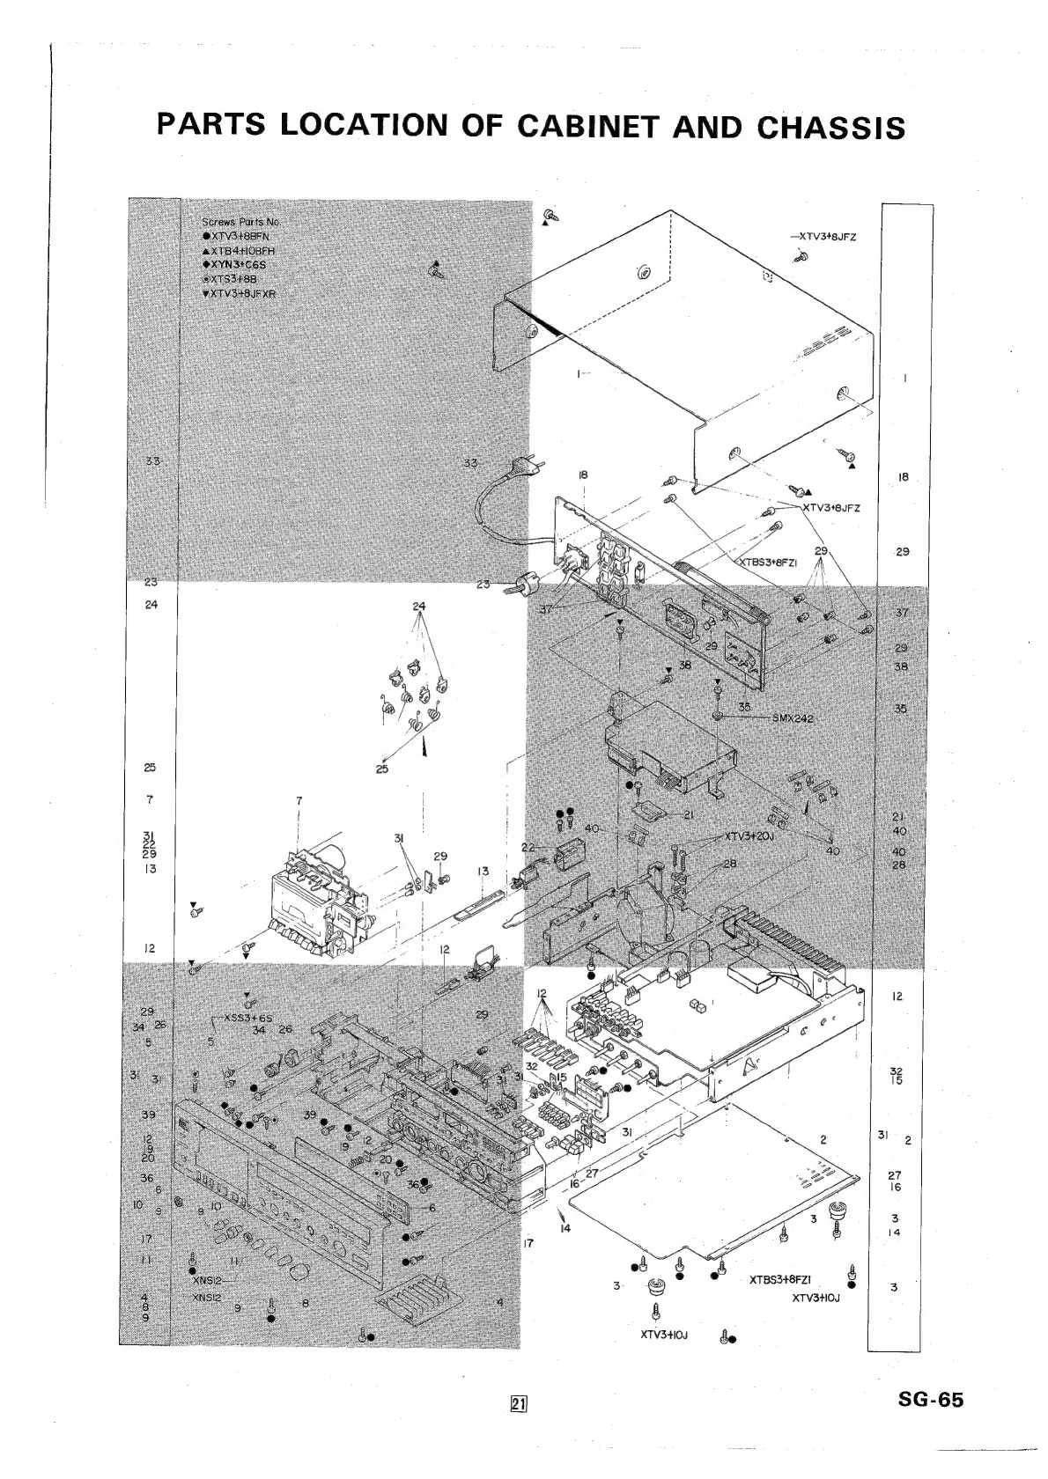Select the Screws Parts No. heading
[x=240, y=222]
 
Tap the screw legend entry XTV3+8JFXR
[x=240, y=293]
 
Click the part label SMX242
[x=793, y=718]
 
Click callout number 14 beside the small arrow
[x=565, y=1227]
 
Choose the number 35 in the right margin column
[x=900, y=708]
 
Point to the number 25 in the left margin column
[x=150, y=768]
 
